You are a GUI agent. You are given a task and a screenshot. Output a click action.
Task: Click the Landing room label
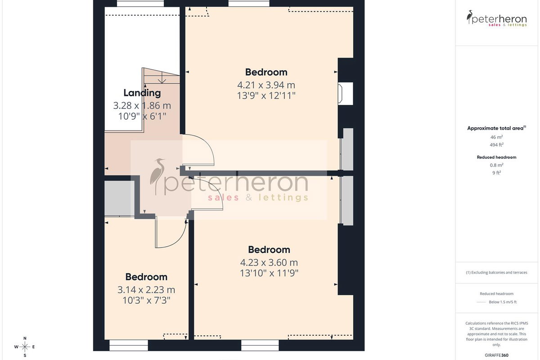[x=142, y=93]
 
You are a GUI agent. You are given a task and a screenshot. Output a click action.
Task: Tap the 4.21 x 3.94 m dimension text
[x=266, y=85]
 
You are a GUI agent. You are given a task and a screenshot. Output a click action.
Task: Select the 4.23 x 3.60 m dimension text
[x=269, y=262]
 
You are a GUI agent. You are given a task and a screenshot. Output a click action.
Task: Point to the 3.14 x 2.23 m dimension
[x=146, y=290]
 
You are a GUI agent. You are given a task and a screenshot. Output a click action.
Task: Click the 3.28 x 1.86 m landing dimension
[x=142, y=106]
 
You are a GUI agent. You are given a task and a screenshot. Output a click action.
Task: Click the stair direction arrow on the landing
[x=162, y=79]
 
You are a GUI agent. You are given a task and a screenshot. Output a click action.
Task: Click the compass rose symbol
[x=25, y=347]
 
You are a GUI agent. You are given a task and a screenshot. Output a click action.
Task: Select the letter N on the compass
[x=25, y=338]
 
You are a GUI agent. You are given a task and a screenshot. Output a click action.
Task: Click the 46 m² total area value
[x=496, y=137]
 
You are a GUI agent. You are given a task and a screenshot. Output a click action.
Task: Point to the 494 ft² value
[x=496, y=145]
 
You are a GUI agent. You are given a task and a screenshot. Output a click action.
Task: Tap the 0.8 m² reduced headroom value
[x=496, y=165]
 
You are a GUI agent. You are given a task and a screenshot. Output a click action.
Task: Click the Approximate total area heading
[x=496, y=128]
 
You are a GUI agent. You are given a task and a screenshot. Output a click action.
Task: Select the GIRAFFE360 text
[x=496, y=355]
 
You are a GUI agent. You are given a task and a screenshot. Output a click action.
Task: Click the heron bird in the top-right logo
[x=469, y=17]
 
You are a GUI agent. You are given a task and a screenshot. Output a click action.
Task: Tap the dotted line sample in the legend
[x=481, y=302]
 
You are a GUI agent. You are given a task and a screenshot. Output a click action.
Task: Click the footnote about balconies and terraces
[x=496, y=272]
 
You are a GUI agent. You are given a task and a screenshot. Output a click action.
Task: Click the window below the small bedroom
[x=129, y=345]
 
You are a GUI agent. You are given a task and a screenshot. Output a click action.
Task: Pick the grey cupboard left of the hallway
[x=119, y=198]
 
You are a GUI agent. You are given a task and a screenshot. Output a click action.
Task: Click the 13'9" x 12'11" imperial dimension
[x=266, y=96]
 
